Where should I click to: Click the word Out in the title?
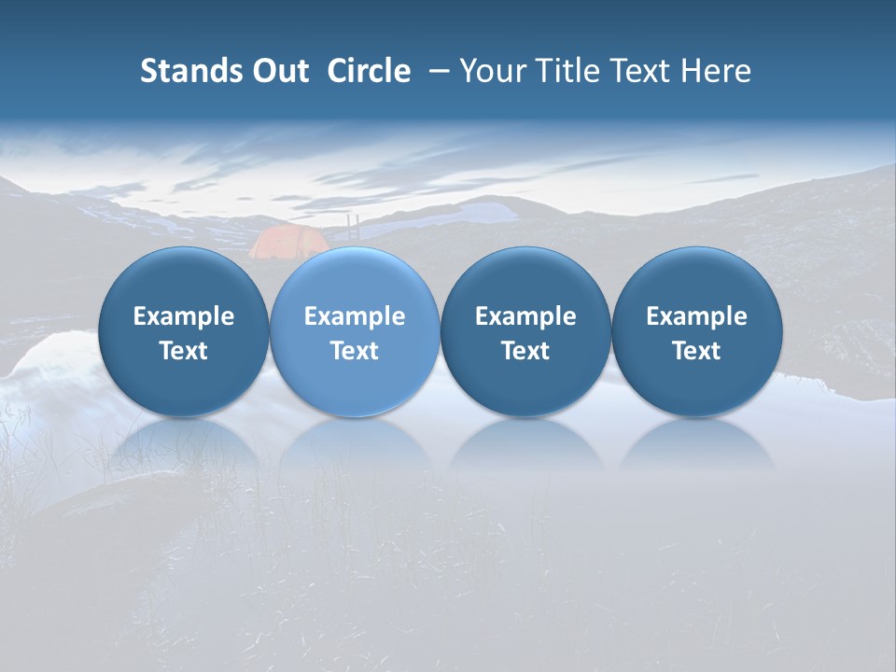(277, 71)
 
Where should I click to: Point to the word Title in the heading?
(577, 71)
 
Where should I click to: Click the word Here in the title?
(716, 71)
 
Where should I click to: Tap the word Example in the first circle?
(184, 316)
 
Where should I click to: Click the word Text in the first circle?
(184, 351)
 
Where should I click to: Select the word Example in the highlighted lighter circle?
(355, 316)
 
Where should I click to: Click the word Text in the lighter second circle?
(355, 351)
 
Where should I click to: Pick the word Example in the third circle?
(525, 316)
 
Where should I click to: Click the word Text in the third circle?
(525, 351)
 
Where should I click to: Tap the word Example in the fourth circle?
(696, 316)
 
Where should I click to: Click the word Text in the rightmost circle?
(696, 351)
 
